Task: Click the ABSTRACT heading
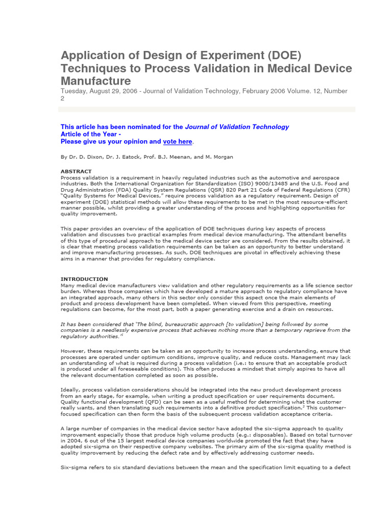[x=76, y=171]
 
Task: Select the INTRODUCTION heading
[x=84, y=279]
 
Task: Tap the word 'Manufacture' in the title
[x=96, y=81]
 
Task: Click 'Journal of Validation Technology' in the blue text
[x=237, y=127]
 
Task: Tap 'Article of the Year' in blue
[x=88, y=134]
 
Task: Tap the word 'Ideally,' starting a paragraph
[x=71, y=390]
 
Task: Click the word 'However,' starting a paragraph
[x=75, y=351]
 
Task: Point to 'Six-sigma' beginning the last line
[x=74, y=467]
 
